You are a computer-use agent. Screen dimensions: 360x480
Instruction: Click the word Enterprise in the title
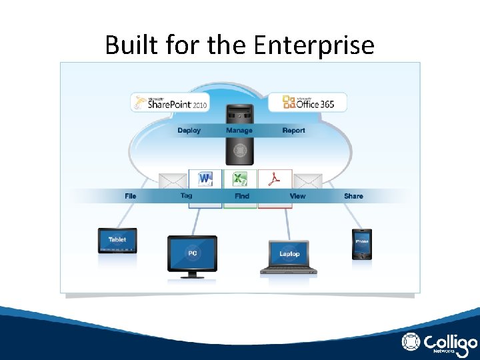point(314,45)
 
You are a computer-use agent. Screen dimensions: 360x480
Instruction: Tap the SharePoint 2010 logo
point(170,103)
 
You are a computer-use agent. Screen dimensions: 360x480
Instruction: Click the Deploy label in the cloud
point(189,131)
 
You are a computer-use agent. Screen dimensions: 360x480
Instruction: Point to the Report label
point(293,131)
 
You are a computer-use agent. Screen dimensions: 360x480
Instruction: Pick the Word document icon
point(205,179)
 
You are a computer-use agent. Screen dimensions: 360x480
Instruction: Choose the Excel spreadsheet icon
point(240,179)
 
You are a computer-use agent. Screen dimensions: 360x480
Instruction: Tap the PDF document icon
point(275,179)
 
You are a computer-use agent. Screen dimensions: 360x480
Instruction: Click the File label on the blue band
point(131,196)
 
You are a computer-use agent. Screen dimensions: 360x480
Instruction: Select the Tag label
point(186,195)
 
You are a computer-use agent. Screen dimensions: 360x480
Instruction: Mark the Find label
point(242,196)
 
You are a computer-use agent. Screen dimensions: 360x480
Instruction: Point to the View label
point(297,196)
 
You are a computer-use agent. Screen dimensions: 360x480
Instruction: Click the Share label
point(353,196)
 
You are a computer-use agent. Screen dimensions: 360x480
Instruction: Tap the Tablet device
point(117,240)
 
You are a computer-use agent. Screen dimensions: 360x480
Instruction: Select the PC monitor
point(192,254)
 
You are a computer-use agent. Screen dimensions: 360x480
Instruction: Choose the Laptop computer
point(289,257)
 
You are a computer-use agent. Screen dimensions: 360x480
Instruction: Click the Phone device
point(362,243)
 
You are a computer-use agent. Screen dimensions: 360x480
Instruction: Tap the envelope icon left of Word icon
point(173,181)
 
